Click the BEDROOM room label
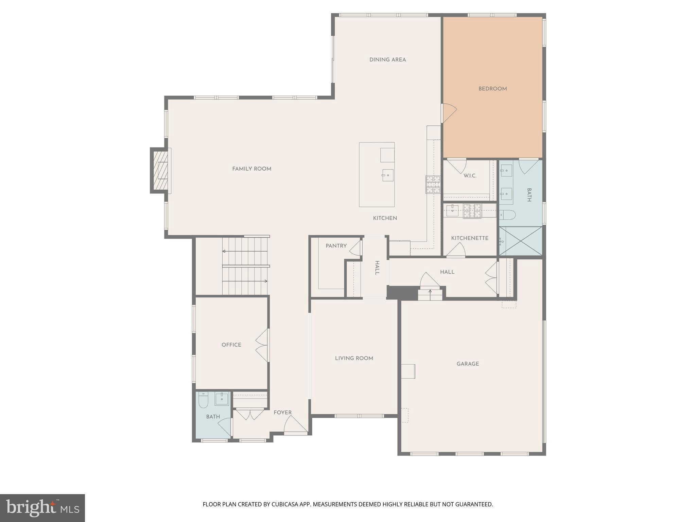click(492, 89)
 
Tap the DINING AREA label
click(387, 60)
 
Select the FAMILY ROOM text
click(251, 169)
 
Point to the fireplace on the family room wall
click(161, 170)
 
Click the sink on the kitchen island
click(387, 175)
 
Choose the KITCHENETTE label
click(470, 238)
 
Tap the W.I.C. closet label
click(470, 176)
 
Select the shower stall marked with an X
click(521, 241)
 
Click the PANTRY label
click(336, 246)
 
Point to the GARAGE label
click(468, 364)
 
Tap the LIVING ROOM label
click(354, 358)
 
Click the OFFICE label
click(231, 345)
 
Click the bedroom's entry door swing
click(449, 112)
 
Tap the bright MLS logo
click(42, 508)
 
